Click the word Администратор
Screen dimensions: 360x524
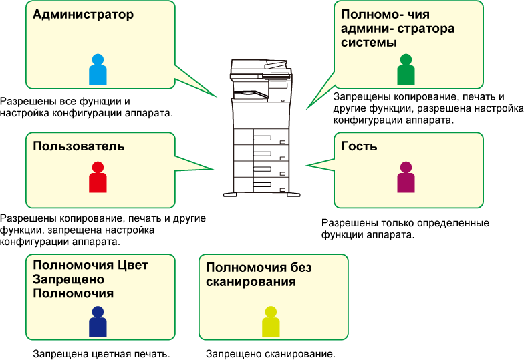coord(83,15)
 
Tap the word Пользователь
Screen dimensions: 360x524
coord(79,146)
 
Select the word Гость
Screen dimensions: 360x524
coord(359,146)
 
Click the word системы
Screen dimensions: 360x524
coord(369,43)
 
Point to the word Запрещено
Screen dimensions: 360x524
coord(65,279)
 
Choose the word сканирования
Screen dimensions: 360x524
coord(251,282)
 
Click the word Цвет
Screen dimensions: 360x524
coord(131,265)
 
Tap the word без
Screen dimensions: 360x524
coord(301,268)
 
